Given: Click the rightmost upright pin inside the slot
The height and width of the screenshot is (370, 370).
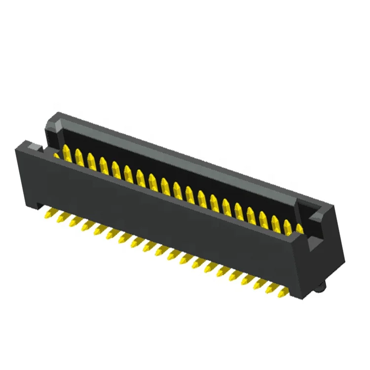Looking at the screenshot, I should [x=299, y=228].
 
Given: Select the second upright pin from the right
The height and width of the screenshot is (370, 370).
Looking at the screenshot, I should [x=287, y=223].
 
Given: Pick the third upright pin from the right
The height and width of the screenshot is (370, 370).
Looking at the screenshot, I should [x=275, y=219].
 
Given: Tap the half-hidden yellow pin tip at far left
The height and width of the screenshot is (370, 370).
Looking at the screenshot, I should [x=56, y=155].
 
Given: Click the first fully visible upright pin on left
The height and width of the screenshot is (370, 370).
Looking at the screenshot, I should [x=66, y=152].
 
